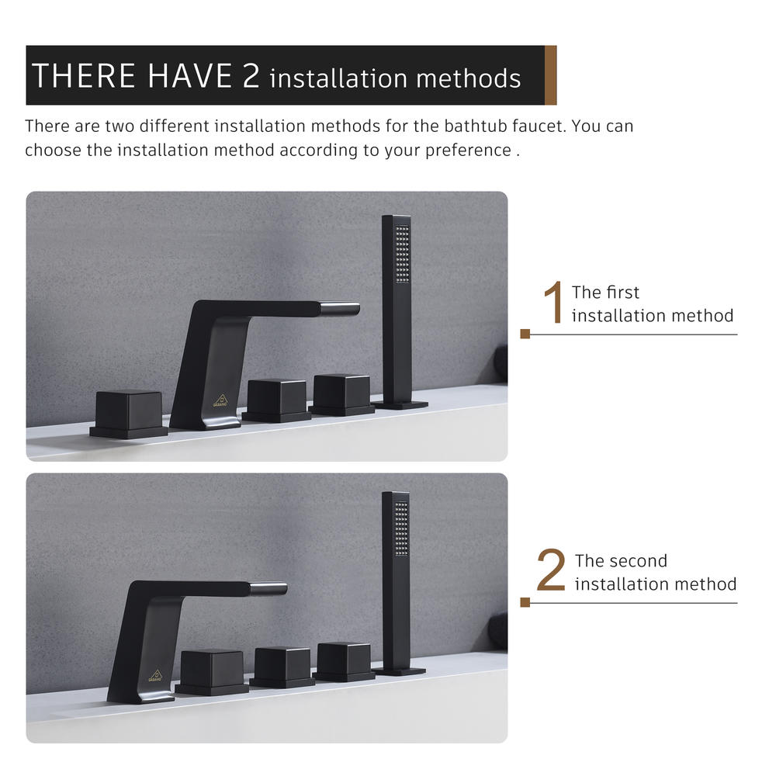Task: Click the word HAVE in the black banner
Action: [x=190, y=76]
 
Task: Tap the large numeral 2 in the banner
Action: [x=251, y=76]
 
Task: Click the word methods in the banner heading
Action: [x=468, y=78]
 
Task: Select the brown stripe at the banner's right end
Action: [x=550, y=75]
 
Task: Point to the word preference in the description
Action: [x=468, y=151]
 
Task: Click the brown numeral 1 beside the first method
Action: [x=553, y=302]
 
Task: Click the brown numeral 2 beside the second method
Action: [x=551, y=570]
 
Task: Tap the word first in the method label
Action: [x=623, y=293]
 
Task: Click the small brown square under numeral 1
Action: [x=525, y=334]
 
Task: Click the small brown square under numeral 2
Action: [x=525, y=602]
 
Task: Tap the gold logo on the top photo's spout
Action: [x=220, y=400]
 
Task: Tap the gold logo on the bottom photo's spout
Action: [x=155, y=676]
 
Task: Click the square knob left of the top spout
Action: [x=129, y=414]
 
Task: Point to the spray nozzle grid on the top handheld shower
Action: [x=402, y=255]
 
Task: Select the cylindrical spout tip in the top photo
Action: [x=340, y=309]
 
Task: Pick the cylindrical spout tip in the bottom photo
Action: [x=268, y=588]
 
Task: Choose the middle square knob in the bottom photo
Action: [x=282, y=667]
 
